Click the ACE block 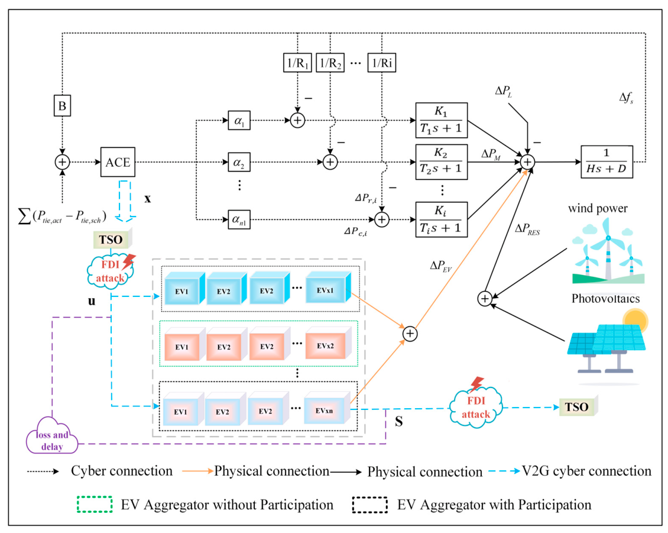(118, 162)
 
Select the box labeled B (62, 105)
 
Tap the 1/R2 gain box (330, 63)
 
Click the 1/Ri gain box (382, 63)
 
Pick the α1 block (239, 121)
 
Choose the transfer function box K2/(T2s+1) (442, 162)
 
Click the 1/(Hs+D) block (607, 162)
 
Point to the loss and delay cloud (52, 436)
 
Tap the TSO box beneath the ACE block (112, 239)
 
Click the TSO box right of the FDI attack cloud (579, 406)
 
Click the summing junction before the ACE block (62, 162)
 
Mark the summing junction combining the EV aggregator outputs (410, 334)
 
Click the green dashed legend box (95, 504)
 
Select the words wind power (598, 208)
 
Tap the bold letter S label (399, 422)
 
